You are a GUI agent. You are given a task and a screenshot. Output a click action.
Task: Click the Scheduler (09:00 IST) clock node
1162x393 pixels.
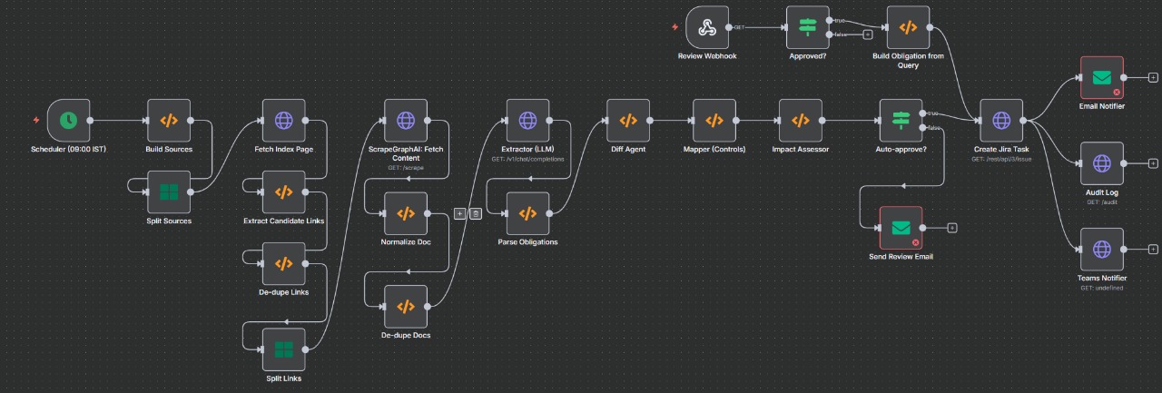(x=68, y=120)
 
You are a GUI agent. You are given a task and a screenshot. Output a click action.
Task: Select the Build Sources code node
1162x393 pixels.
(x=169, y=120)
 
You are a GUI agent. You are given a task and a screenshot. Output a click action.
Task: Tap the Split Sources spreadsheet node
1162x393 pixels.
(x=169, y=192)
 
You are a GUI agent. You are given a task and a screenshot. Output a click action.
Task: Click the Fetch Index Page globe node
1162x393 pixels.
(x=283, y=120)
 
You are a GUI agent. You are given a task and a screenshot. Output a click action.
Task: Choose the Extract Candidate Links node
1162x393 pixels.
(x=283, y=192)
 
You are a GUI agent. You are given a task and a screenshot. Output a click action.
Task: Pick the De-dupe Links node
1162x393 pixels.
(x=283, y=263)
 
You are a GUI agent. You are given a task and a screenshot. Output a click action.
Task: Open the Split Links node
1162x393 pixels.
(x=283, y=349)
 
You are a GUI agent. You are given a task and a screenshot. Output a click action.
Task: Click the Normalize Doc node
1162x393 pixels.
(x=405, y=213)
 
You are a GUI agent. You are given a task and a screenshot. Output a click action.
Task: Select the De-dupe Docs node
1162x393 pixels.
(x=405, y=306)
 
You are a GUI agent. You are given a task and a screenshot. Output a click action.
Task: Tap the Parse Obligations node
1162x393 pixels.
(x=527, y=213)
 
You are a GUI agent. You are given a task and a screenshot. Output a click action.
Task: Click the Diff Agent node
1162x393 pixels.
(x=628, y=120)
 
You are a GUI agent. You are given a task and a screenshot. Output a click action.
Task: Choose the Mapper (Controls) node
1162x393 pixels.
(x=714, y=120)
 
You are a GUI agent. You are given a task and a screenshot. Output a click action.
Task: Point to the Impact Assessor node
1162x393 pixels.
(x=800, y=120)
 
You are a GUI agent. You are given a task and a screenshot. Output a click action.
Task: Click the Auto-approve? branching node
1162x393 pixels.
(x=901, y=120)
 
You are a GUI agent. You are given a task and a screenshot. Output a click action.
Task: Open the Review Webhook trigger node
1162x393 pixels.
(x=707, y=27)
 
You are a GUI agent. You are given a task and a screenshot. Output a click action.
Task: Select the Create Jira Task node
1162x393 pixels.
(x=1000, y=120)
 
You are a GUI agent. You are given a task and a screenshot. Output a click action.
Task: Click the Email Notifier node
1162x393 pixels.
(x=1102, y=78)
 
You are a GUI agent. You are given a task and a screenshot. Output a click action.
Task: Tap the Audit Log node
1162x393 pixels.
(x=1102, y=163)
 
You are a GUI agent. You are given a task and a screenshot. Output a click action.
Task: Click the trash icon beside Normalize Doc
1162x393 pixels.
(x=475, y=213)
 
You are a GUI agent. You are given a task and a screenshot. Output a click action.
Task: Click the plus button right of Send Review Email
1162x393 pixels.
(x=951, y=228)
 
